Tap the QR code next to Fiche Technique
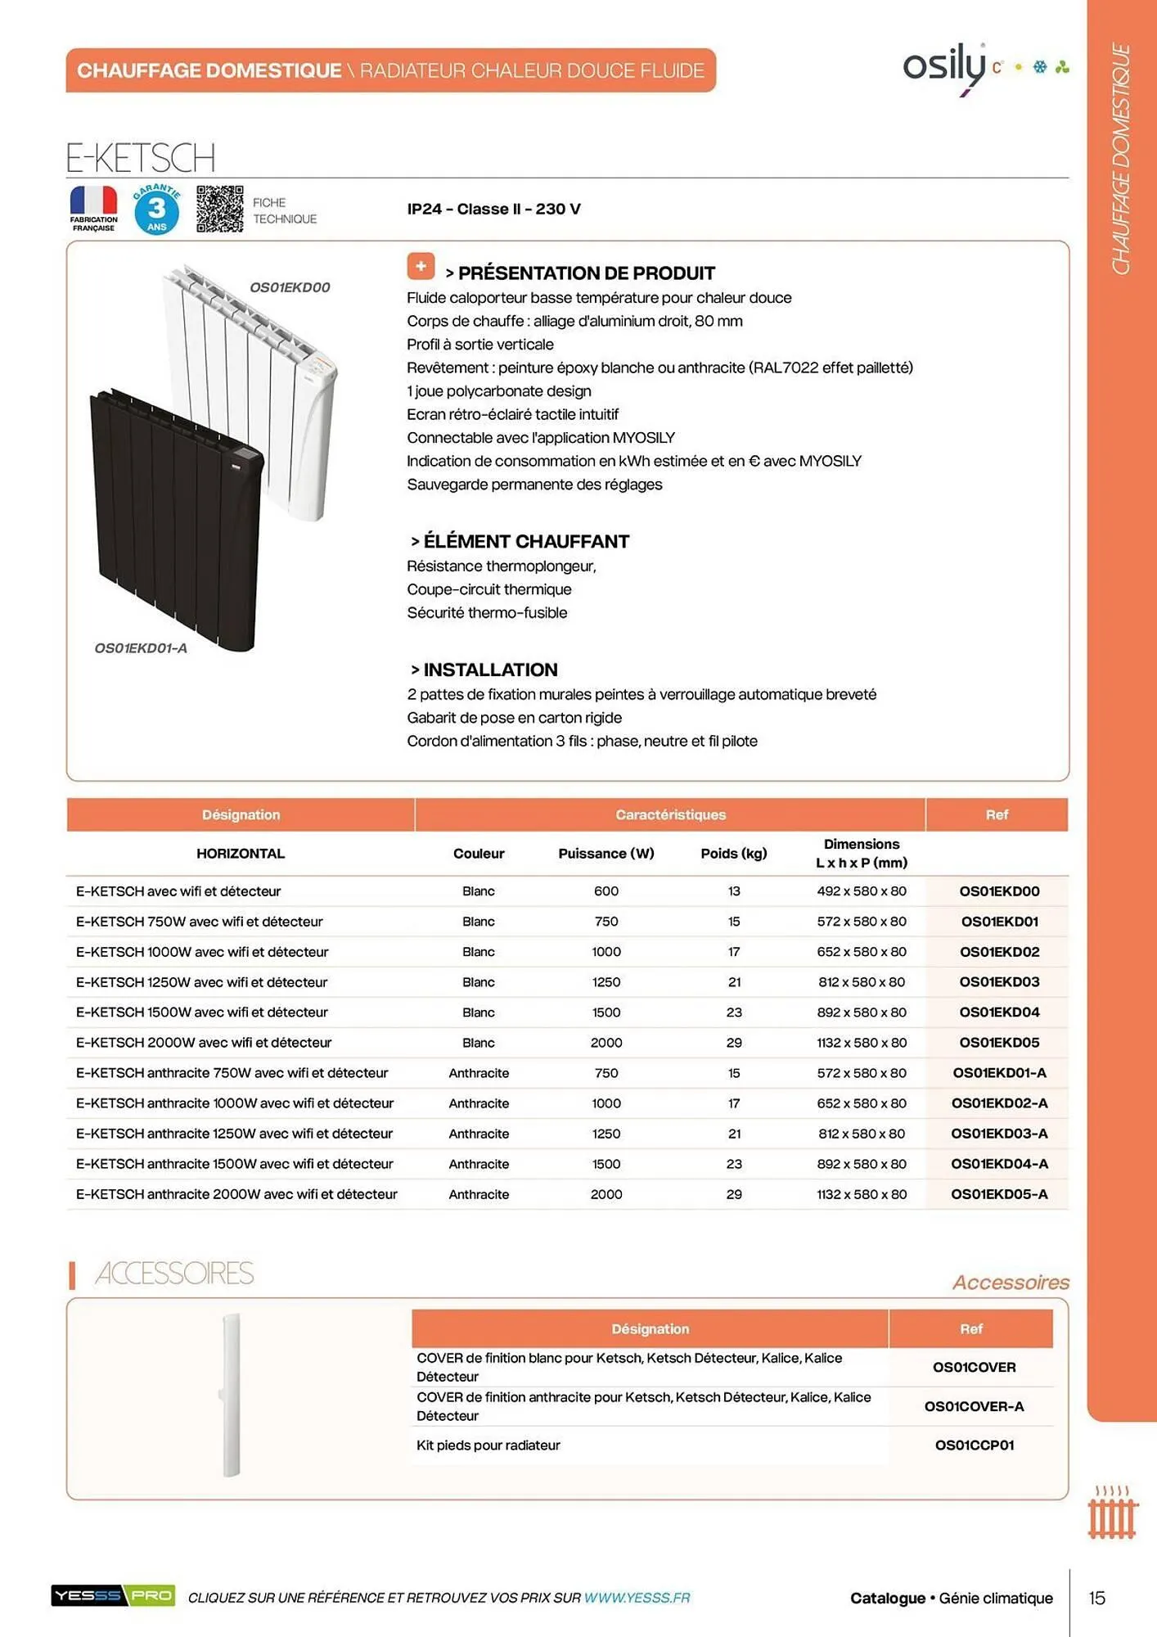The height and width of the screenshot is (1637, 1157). pyautogui.click(x=219, y=209)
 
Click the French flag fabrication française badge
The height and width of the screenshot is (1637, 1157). pyautogui.click(x=93, y=208)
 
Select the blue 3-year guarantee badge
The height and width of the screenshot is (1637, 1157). pyautogui.click(x=156, y=210)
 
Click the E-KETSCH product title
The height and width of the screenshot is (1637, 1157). pyautogui.click(x=141, y=157)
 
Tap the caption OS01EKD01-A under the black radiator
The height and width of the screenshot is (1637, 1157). pyautogui.click(x=141, y=648)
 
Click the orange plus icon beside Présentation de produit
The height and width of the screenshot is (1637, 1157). pyautogui.click(x=421, y=266)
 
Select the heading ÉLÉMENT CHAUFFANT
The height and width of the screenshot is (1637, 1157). pyautogui.click(x=525, y=541)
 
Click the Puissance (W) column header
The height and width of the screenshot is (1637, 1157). pyautogui.click(x=606, y=853)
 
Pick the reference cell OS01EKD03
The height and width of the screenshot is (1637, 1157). pyautogui.click(x=999, y=981)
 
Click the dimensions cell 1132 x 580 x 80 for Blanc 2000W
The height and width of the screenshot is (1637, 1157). pyautogui.click(x=861, y=1042)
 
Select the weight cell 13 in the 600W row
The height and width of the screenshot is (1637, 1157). pyautogui.click(x=733, y=891)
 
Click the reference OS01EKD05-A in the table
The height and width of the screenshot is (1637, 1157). pyautogui.click(x=999, y=1193)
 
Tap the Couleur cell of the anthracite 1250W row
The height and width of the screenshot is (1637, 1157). pyautogui.click(x=479, y=1133)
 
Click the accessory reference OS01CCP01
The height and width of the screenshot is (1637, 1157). pyautogui.click(x=975, y=1445)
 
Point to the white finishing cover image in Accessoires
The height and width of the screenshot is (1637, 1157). pyautogui.click(x=231, y=1395)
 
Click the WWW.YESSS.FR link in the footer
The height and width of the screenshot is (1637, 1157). pyautogui.click(x=637, y=1597)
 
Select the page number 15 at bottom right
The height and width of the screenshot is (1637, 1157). pyautogui.click(x=1096, y=1597)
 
